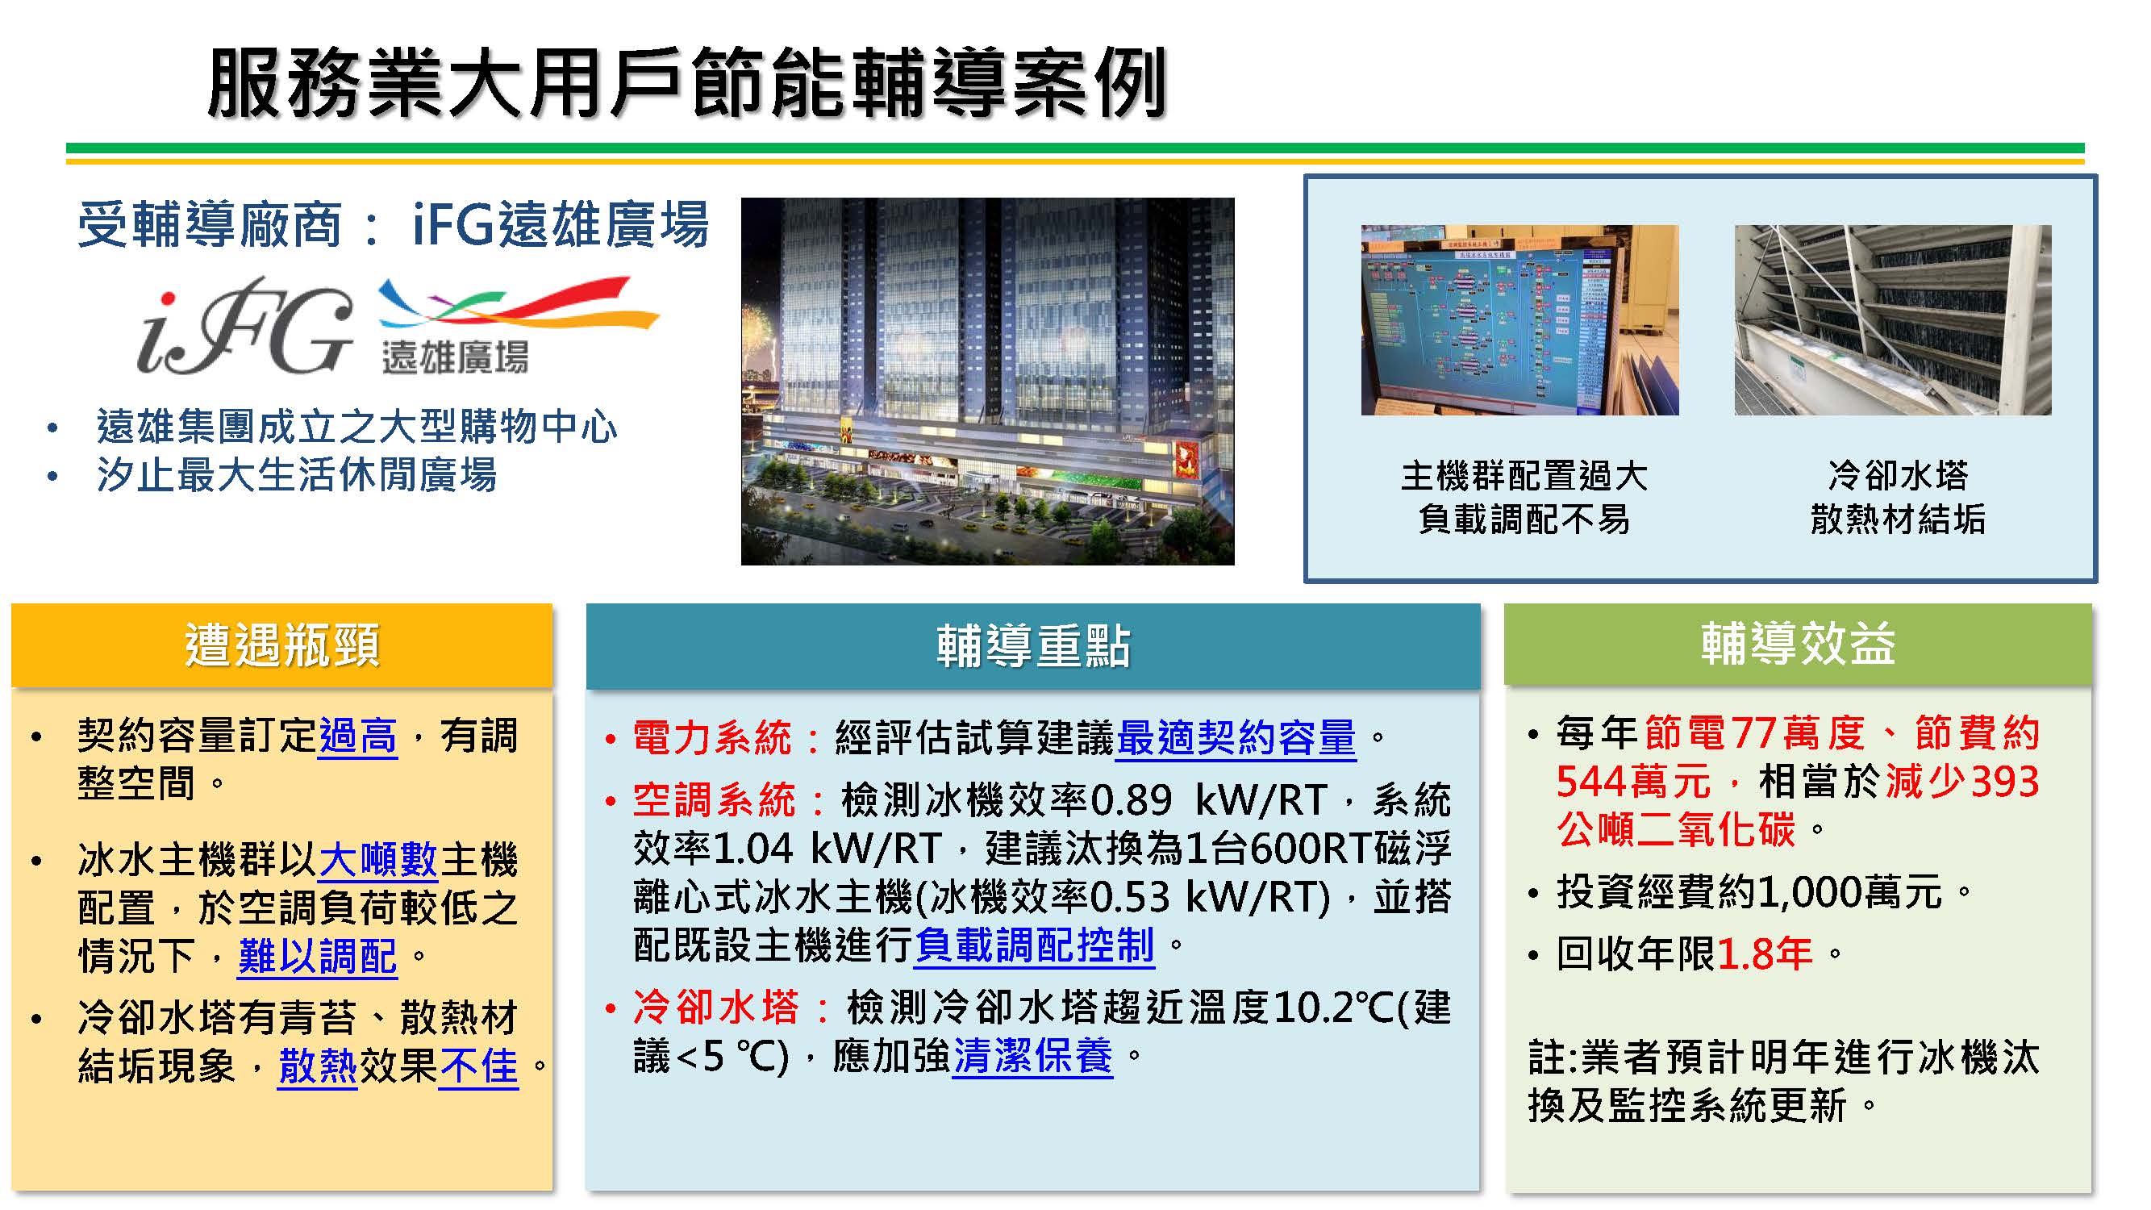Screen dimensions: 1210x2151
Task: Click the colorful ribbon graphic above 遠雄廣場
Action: point(518,302)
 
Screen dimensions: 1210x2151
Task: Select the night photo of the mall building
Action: point(987,381)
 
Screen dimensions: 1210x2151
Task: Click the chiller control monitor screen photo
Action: point(1519,319)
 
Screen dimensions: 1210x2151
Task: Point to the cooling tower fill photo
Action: point(1892,319)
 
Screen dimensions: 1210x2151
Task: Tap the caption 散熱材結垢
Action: point(1897,519)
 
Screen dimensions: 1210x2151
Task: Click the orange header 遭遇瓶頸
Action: point(281,645)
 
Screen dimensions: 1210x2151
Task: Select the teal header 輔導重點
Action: point(1033,646)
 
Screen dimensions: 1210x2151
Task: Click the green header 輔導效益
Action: point(1798,644)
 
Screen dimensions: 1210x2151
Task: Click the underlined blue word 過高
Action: point(358,736)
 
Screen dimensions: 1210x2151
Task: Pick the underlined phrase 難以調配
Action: point(317,956)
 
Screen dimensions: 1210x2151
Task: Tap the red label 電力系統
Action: point(711,738)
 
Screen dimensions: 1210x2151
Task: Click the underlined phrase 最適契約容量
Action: point(1236,738)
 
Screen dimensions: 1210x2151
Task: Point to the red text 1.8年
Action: point(1765,953)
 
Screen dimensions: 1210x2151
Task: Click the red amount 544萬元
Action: point(1633,782)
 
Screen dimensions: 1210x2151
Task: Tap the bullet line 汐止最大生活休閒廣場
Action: point(297,475)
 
